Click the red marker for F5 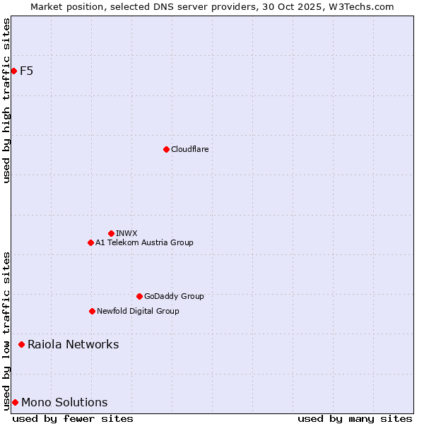coord(13,71)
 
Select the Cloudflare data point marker coord(166,149)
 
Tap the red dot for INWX coord(111,233)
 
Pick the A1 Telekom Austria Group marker coord(90,242)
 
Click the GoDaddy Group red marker coord(139,296)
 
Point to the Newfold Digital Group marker coord(92,311)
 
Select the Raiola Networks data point coord(22,344)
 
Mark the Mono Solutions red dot coord(15,402)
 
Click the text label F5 coord(27,71)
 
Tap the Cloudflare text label coord(190,149)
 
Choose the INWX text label coord(127,233)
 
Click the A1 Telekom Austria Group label coord(144,242)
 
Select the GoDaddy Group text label coord(174,296)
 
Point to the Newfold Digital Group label coord(138,311)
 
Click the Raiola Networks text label coord(73,344)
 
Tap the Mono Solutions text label coord(64,402)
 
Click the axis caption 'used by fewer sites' coord(73,418)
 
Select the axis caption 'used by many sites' coord(355,418)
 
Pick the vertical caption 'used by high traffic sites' coord(6,100)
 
